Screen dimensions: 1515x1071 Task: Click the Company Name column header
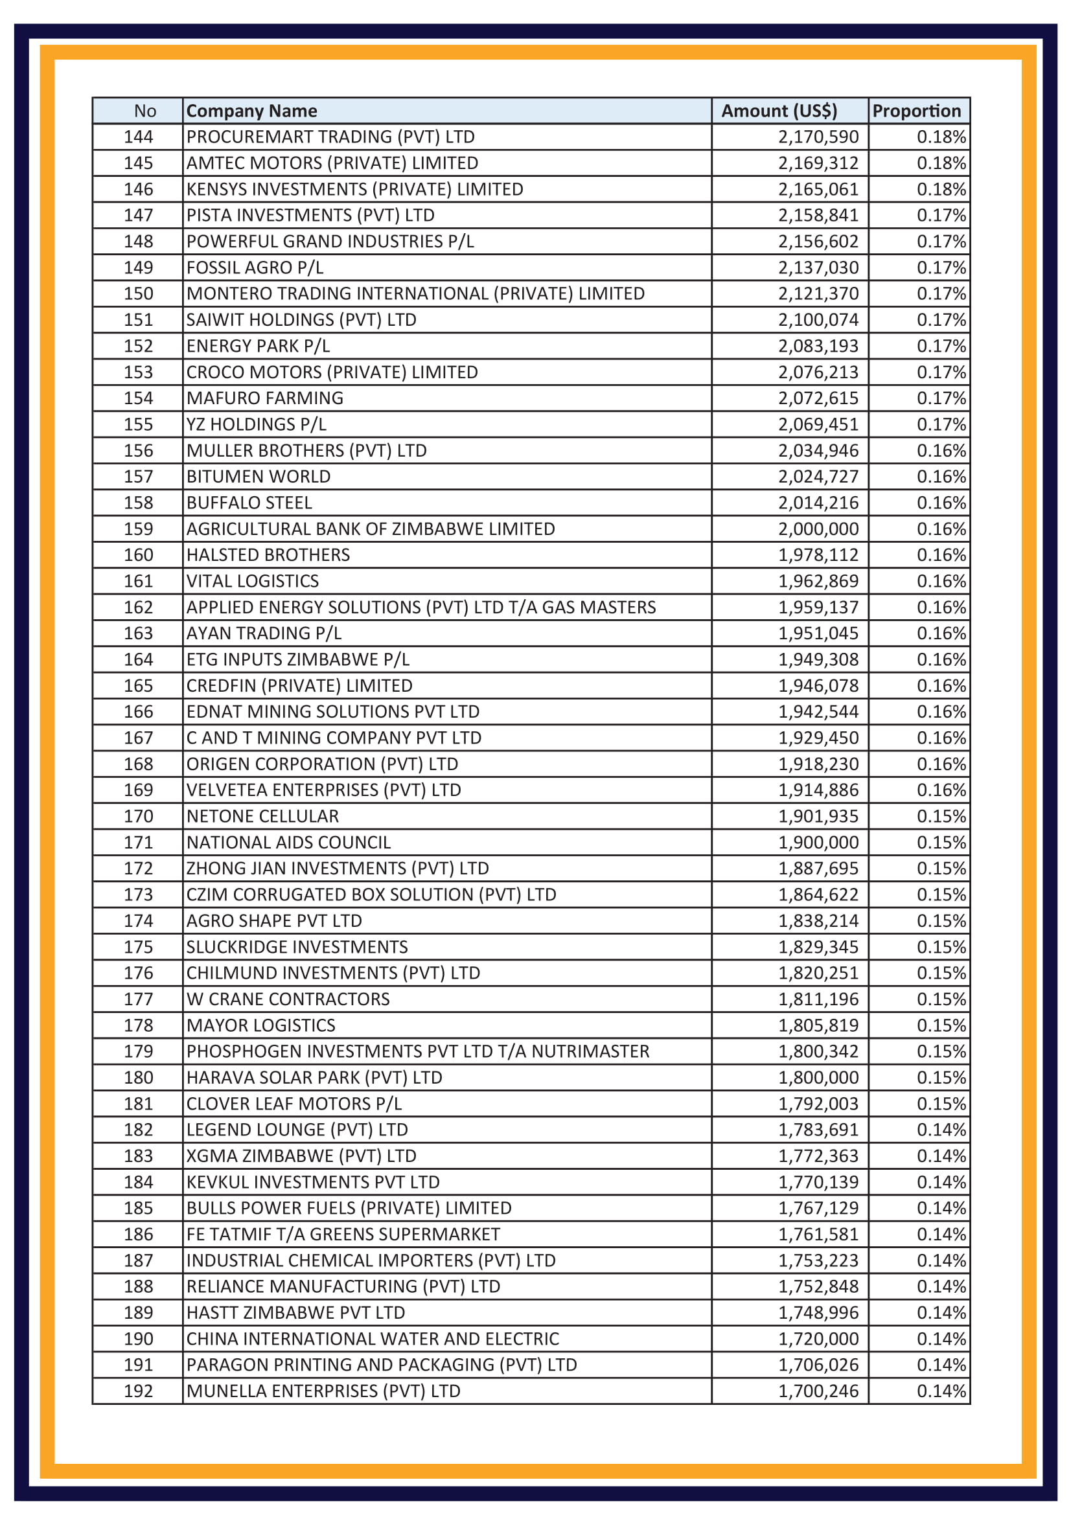click(251, 111)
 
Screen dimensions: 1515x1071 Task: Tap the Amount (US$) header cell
click(779, 111)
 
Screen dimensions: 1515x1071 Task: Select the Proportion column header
click(916, 111)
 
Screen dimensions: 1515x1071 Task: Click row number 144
click(138, 137)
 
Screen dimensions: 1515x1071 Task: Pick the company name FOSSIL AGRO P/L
click(255, 268)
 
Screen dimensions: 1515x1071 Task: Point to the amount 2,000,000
click(818, 529)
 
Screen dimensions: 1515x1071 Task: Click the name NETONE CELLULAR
click(262, 816)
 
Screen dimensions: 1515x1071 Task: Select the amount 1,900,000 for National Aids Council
click(818, 843)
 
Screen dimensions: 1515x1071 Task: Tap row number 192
click(138, 1391)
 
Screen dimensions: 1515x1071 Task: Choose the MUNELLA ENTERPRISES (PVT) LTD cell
click(323, 1391)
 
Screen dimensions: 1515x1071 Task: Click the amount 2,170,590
click(818, 137)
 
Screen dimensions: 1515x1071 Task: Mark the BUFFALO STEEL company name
click(249, 503)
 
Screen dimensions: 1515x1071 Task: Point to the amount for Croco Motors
click(818, 372)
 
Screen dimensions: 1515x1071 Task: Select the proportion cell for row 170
click(940, 816)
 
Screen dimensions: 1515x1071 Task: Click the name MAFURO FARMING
click(264, 398)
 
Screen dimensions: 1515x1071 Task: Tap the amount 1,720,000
click(818, 1339)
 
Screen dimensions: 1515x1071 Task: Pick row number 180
click(138, 1078)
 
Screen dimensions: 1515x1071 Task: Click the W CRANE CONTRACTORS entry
click(288, 999)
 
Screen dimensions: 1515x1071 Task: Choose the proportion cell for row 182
click(940, 1130)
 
